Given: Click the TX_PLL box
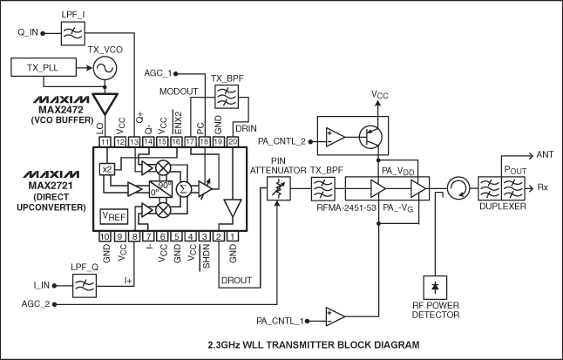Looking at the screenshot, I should click(44, 67).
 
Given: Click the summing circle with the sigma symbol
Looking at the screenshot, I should click(184, 187).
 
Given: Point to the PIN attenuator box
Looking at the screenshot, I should click(278, 187).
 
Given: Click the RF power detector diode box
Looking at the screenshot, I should click(434, 286).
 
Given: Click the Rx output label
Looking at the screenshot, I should click(543, 187).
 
